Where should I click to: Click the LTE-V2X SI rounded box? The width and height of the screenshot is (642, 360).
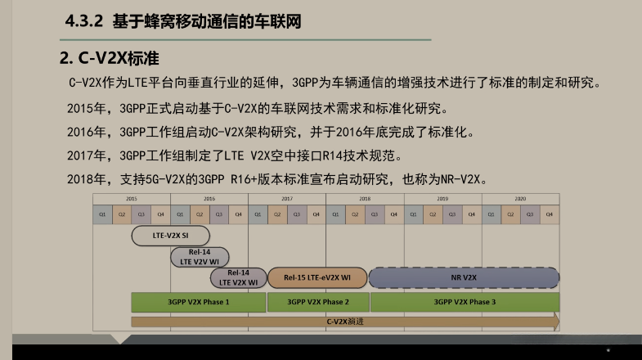pos(170,235)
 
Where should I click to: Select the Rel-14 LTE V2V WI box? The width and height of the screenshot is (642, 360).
pos(200,257)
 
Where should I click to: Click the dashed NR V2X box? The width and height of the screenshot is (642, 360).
pos(463,278)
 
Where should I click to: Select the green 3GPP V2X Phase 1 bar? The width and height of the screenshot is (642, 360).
pos(198,302)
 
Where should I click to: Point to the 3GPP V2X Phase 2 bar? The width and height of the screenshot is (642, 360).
pos(317,302)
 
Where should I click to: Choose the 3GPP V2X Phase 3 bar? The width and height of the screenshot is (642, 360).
pos(464,302)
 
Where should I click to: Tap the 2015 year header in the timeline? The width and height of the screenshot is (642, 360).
pos(131,199)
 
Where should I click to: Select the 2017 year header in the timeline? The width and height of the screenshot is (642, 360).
pos(287,199)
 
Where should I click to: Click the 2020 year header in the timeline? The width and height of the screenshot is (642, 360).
pos(520,199)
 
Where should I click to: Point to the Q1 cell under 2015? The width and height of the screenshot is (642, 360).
pos(103,214)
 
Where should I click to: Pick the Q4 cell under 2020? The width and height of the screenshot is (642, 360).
pos(550,214)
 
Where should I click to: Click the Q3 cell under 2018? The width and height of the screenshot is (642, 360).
pos(375,214)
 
